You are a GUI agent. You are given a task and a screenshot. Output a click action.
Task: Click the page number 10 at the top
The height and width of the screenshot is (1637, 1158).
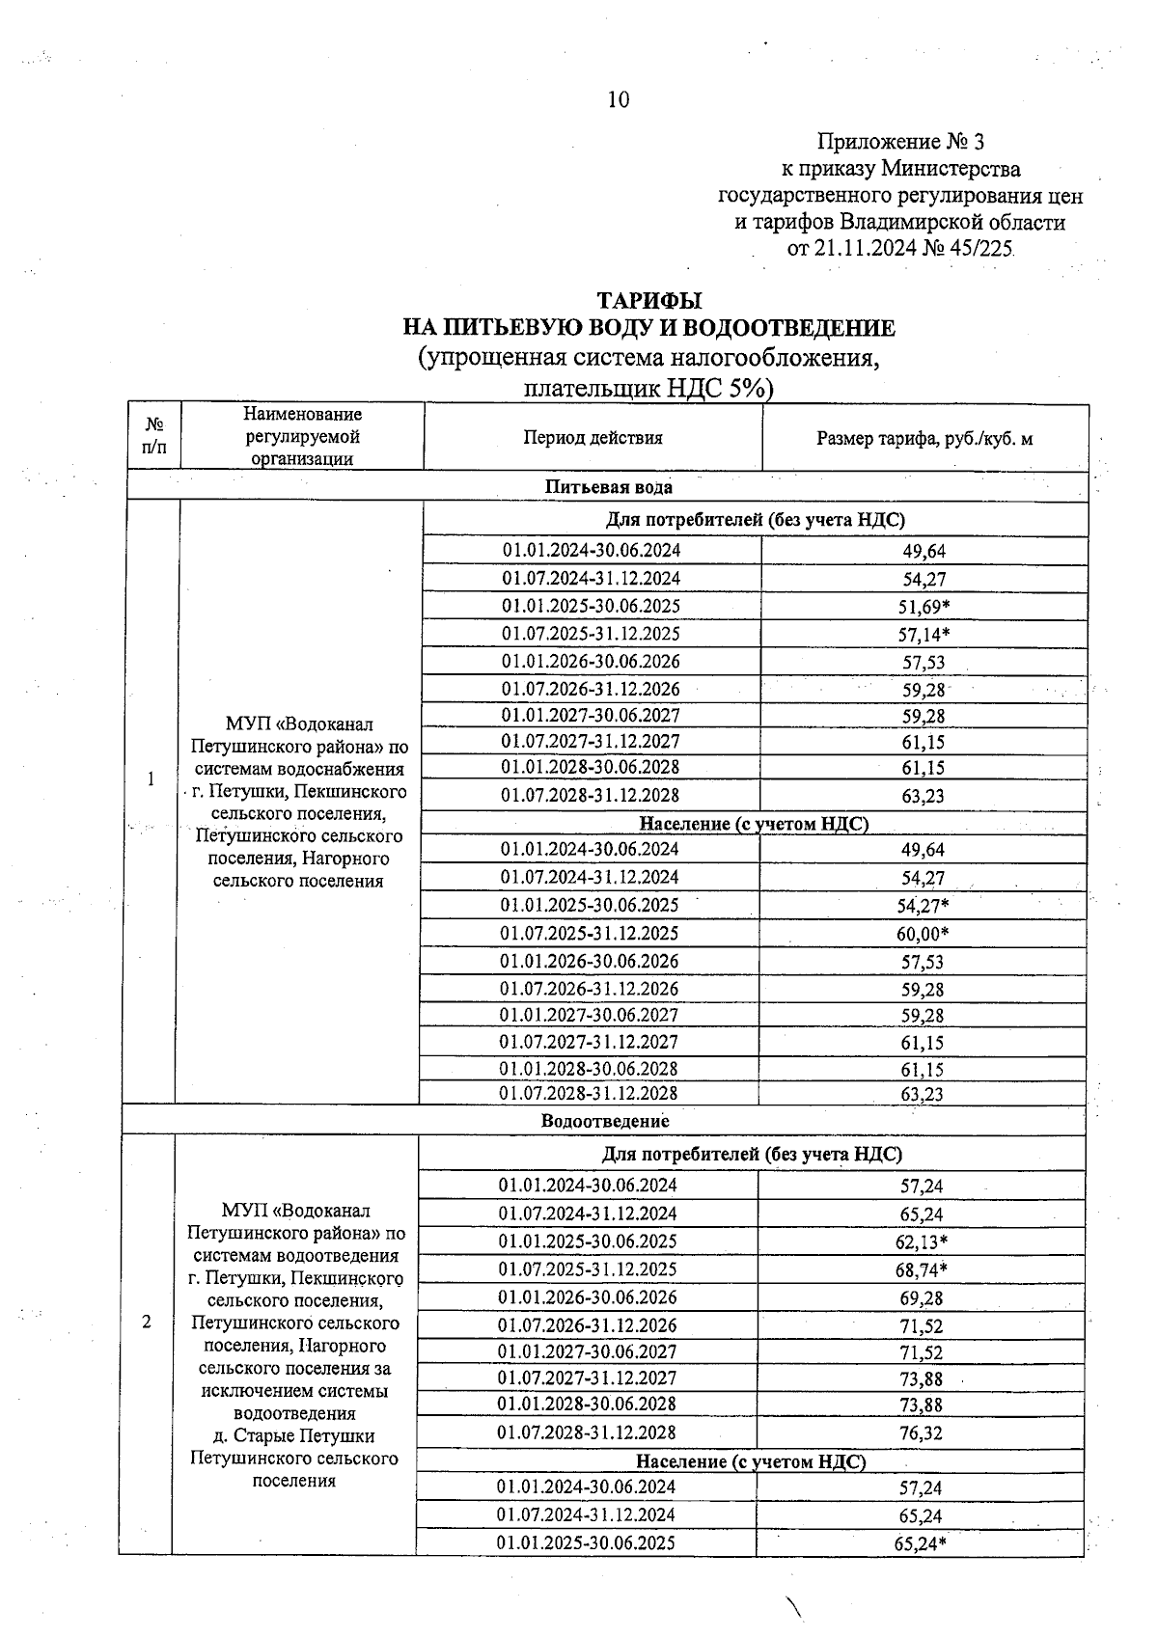(619, 99)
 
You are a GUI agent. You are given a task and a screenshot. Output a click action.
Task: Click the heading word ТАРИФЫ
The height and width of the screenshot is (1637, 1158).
(648, 301)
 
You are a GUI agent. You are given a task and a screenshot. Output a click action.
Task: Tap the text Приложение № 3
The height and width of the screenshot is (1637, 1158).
(900, 143)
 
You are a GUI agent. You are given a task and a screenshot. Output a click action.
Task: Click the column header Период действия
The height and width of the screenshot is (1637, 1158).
(593, 438)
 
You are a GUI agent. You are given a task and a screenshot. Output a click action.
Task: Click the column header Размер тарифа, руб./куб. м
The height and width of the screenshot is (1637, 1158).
(924, 439)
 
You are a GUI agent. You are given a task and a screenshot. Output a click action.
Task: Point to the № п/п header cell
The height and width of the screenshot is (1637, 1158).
(153, 436)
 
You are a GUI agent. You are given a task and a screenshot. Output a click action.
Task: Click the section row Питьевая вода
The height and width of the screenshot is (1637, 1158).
(608, 486)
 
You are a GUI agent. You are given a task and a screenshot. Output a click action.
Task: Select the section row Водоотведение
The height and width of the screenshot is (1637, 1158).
(605, 1121)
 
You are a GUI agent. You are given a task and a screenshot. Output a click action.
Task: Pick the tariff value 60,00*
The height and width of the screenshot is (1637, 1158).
(923, 934)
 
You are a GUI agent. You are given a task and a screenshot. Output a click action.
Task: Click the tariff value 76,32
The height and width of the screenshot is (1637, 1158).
(921, 1433)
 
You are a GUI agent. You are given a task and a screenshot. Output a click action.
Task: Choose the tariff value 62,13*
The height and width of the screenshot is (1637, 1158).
(921, 1242)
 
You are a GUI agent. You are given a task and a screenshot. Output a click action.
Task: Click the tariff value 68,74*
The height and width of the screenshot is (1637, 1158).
(921, 1270)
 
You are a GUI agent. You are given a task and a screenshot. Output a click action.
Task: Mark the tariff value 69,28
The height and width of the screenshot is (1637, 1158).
(921, 1298)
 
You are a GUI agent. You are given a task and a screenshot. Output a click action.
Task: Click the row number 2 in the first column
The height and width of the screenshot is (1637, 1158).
(147, 1322)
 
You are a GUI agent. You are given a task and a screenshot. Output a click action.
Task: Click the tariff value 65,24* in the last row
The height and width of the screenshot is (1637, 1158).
(920, 1543)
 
